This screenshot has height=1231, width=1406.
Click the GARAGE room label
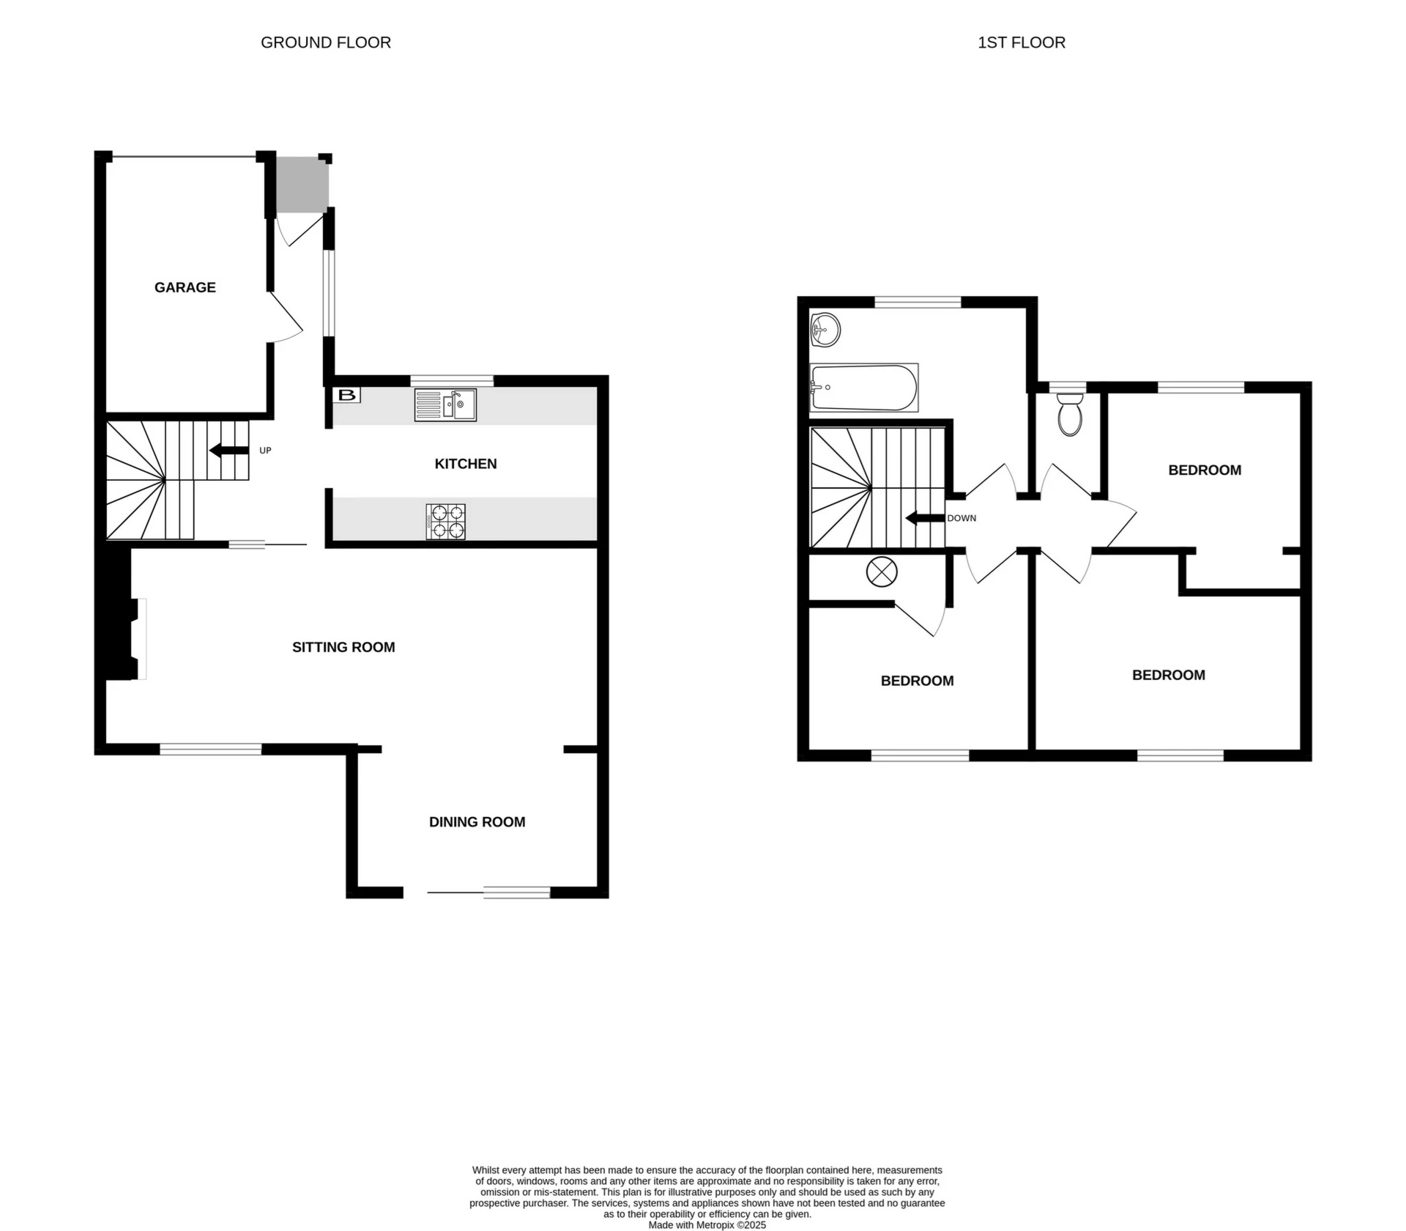[x=185, y=287]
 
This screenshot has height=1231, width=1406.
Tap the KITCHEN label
[x=466, y=464]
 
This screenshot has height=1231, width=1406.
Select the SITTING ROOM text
[x=343, y=647]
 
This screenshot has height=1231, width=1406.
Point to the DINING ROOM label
[x=477, y=822]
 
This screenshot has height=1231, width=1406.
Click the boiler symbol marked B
[x=347, y=396]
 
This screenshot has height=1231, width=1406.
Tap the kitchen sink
[x=445, y=404]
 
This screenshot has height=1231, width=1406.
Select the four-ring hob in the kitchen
[x=445, y=522]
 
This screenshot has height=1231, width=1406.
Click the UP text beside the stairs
[x=265, y=451]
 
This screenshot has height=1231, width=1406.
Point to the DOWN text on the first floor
[x=961, y=518]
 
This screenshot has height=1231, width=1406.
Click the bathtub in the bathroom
[x=863, y=388]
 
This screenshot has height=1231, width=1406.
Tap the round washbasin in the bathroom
[x=825, y=330]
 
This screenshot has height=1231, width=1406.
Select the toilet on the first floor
[x=1070, y=415]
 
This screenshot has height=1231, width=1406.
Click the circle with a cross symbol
[x=882, y=572]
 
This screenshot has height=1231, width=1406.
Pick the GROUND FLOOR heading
[x=326, y=42]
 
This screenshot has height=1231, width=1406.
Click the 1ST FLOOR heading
[x=1022, y=42]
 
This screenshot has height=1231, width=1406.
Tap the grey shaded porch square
[x=302, y=185]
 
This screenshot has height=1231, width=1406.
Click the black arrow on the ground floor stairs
[x=228, y=451]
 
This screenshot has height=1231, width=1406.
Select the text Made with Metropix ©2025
[x=707, y=1225]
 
